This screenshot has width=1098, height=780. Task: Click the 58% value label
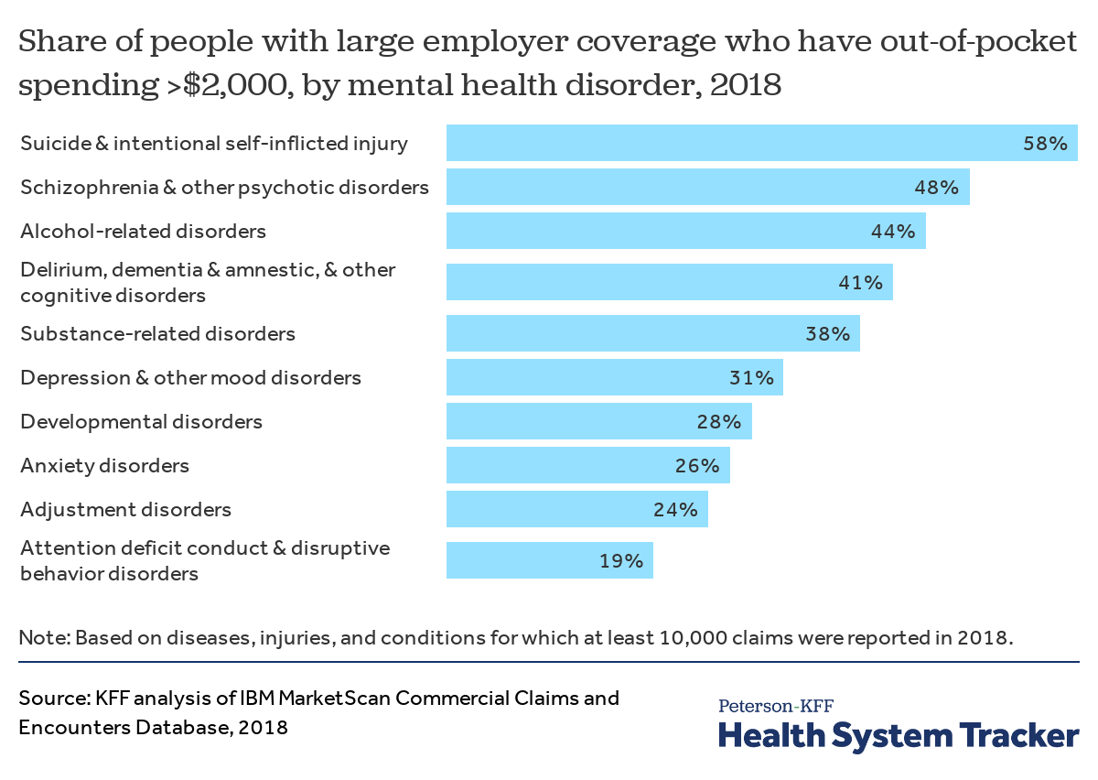click(1045, 144)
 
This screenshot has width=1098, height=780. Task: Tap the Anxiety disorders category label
click(104, 465)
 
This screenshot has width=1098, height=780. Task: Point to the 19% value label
click(621, 560)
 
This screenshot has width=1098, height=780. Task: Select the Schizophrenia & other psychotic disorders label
click(224, 188)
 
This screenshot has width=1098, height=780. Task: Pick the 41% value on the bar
click(860, 282)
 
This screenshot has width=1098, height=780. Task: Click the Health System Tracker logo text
click(898, 735)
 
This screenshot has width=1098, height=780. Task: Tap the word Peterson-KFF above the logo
click(775, 706)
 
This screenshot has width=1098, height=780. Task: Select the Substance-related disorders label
click(157, 333)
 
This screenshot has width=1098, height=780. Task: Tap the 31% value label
click(751, 377)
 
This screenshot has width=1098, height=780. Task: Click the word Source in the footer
click(52, 699)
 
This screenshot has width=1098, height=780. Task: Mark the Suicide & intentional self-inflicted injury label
click(214, 144)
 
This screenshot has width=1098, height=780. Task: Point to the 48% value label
click(936, 188)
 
